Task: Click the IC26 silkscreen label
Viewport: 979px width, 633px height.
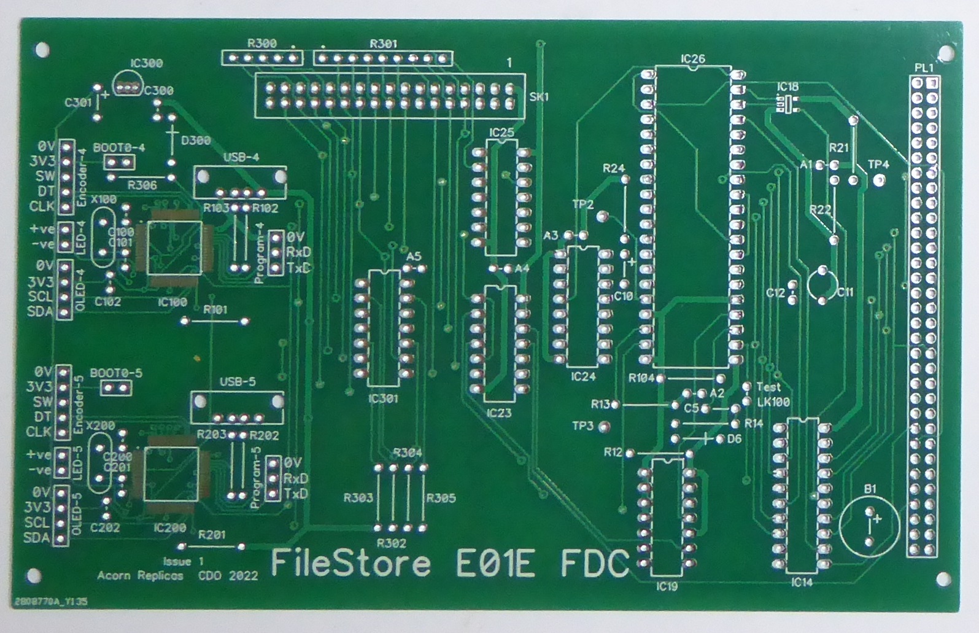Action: pyautogui.click(x=692, y=59)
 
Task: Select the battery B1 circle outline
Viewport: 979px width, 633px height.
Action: pyautogui.click(x=869, y=527)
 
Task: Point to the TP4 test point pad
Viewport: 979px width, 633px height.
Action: pyautogui.click(x=879, y=180)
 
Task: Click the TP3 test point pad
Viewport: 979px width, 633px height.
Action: pyautogui.click(x=605, y=425)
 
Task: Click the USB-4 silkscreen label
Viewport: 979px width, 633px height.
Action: pyautogui.click(x=241, y=157)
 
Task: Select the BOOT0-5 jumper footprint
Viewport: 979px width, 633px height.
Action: pyautogui.click(x=115, y=388)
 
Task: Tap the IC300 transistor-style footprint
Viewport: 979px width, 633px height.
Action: pyautogui.click(x=127, y=86)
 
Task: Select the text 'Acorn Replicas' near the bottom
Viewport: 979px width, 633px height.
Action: pyautogui.click(x=140, y=575)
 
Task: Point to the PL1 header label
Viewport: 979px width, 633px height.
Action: pyautogui.click(x=924, y=68)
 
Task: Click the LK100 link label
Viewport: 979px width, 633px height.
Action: pyautogui.click(x=773, y=402)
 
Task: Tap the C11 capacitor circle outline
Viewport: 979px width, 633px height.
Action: pyautogui.click(x=822, y=284)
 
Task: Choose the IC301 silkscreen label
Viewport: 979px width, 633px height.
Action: pyautogui.click(x=383, y=398)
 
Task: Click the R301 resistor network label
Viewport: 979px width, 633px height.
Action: pyautogui.click(x=383, y=44)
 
